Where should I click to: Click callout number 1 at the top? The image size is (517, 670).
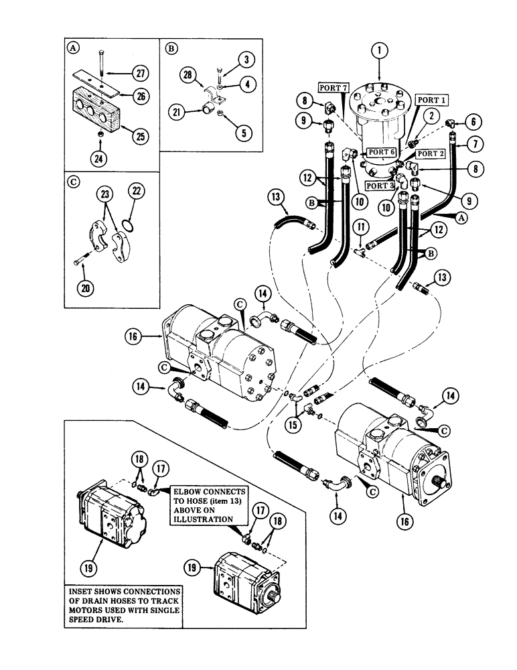(379, 50)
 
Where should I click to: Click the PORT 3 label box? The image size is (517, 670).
(380, 185)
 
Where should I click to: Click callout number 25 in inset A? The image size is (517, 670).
(139, 137)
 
